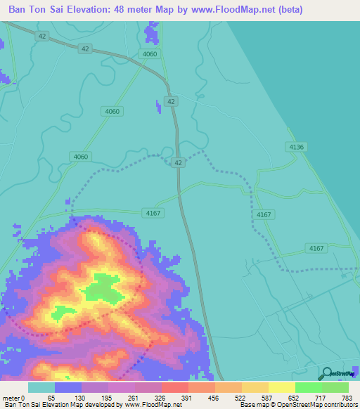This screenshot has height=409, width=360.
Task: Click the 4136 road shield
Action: [x=297, y=146]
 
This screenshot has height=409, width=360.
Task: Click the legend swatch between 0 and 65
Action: [x=41, y=387]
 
